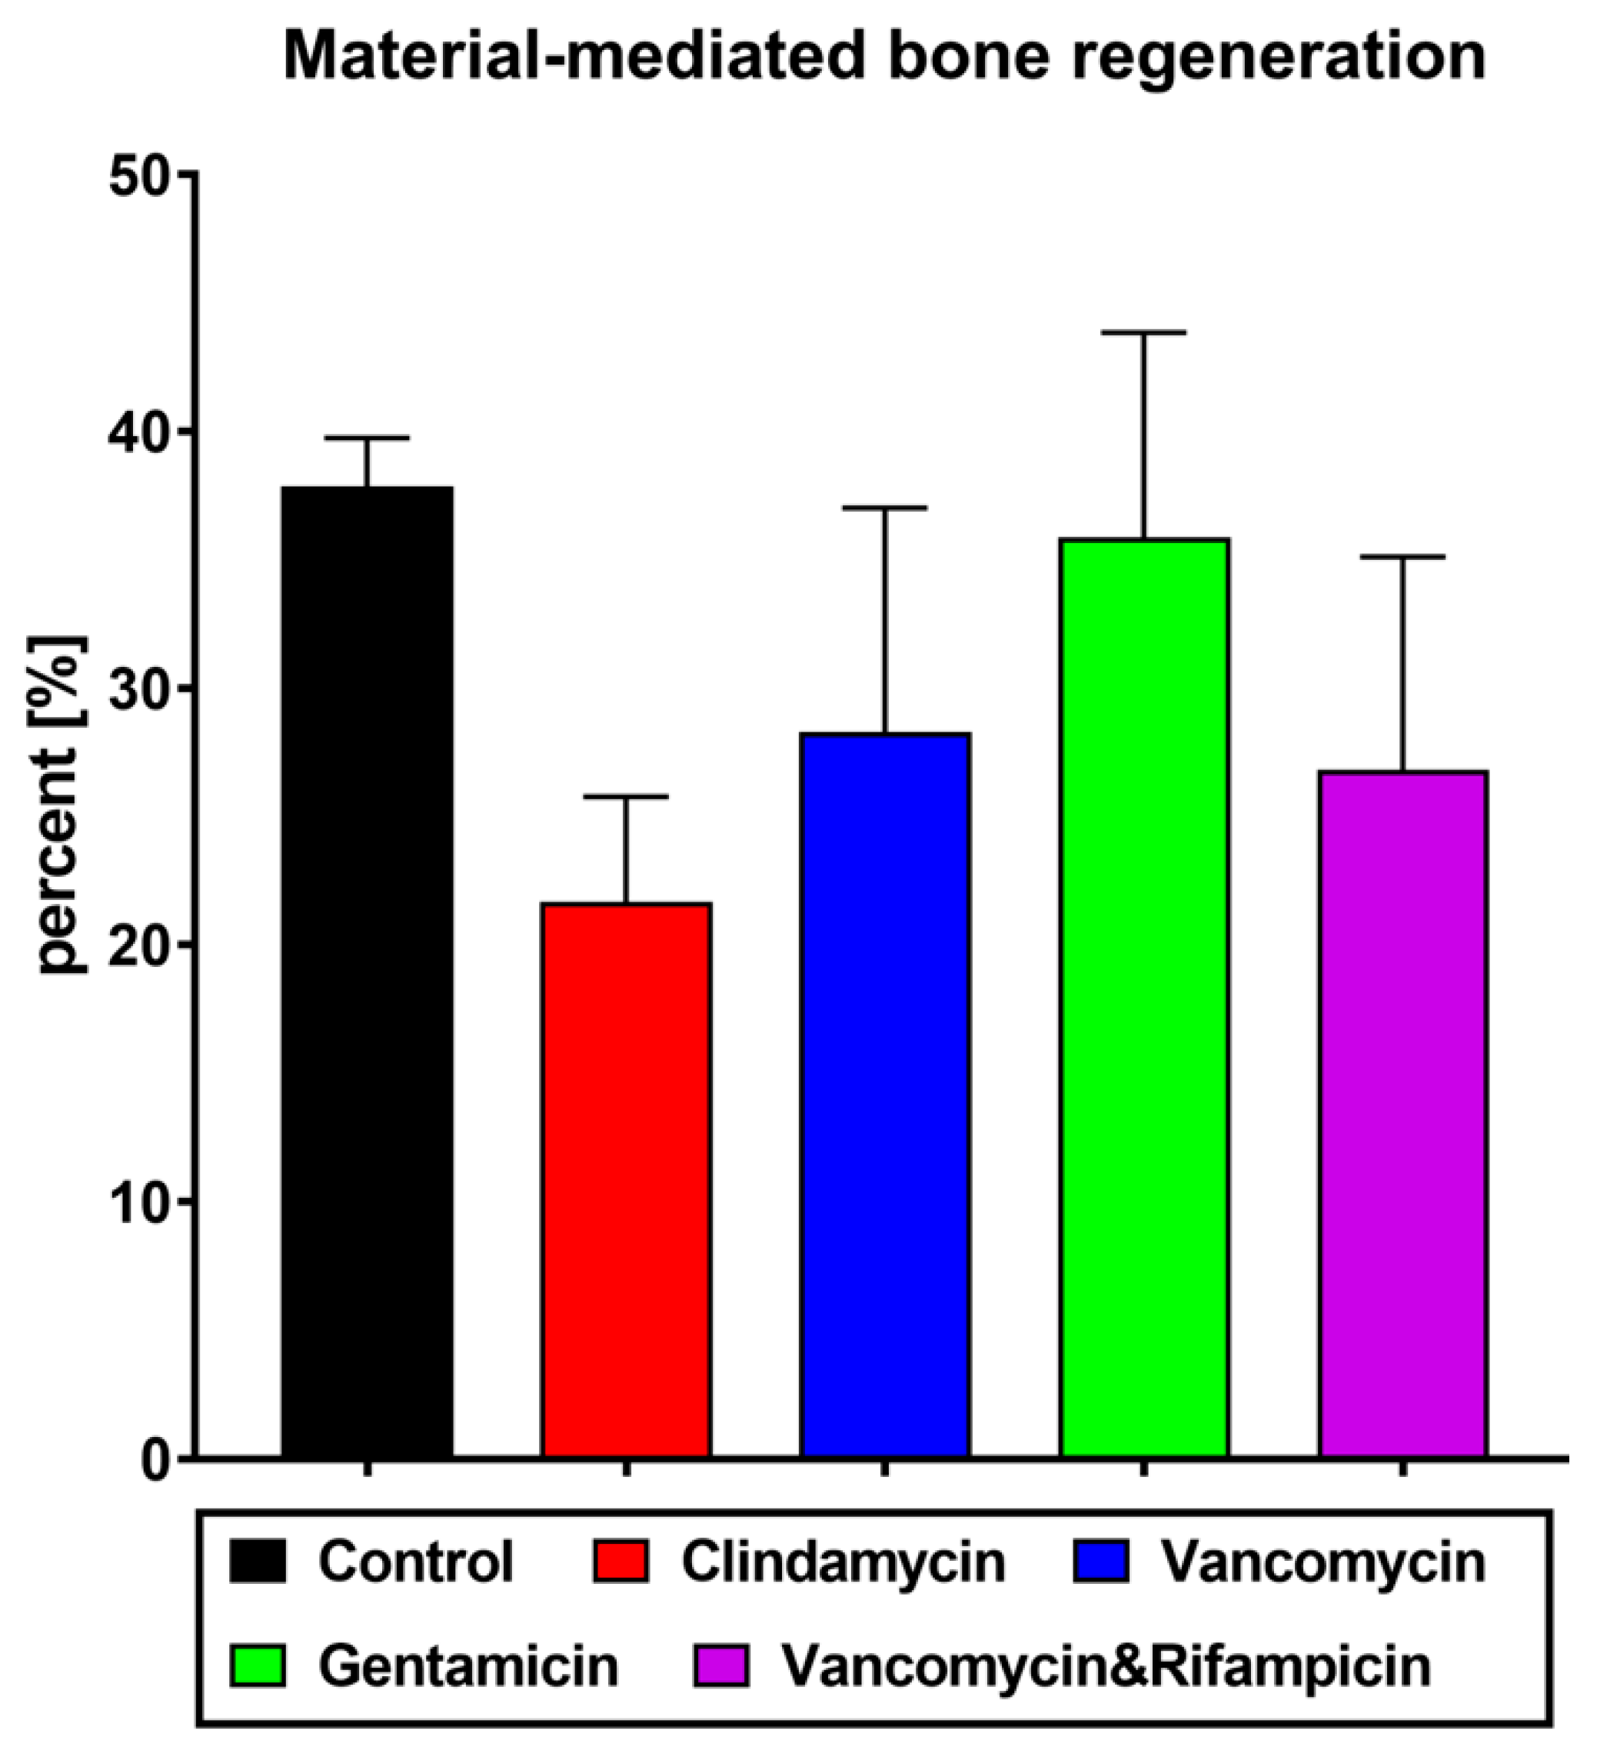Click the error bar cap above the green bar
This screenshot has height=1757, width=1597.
click(x=1144, y=333)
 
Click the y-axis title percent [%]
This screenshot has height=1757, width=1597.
click(x=59, y=806)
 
